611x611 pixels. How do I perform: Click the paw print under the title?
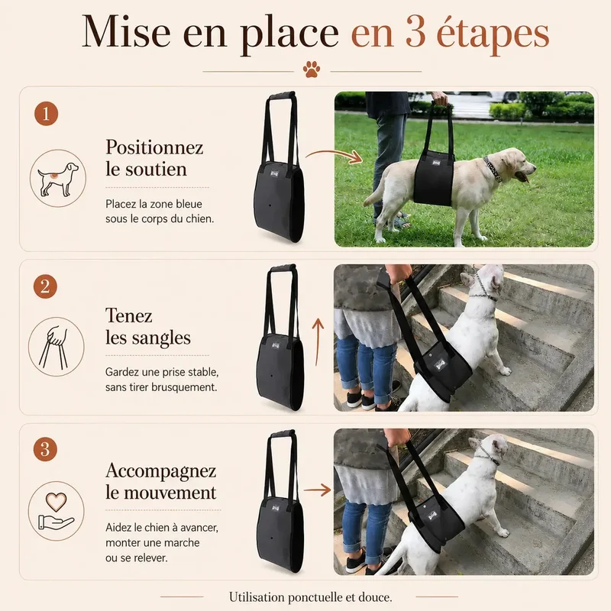(x=312, y=69)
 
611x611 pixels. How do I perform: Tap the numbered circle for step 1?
(x=46, y=114)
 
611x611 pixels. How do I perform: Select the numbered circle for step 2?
(x=45, y=286)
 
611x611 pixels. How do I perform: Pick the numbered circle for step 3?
(x=45, y=449)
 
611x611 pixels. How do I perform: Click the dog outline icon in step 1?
(x=58, y=179)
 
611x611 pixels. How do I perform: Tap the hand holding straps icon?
(x=56, y=348)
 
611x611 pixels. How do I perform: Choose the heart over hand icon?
(x=56, y=511)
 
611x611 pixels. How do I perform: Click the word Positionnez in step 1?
(x=154, y=147)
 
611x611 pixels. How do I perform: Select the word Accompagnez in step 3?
(x=160, y=471)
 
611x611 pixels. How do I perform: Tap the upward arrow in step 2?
(x=318, y=342)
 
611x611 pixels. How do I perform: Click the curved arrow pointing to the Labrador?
(x=334, y=156)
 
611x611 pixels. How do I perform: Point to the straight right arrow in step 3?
(x=317, y=490)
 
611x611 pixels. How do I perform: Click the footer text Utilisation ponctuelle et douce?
(x=310, y=597)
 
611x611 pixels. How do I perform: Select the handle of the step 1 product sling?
(x=281, y=96)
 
